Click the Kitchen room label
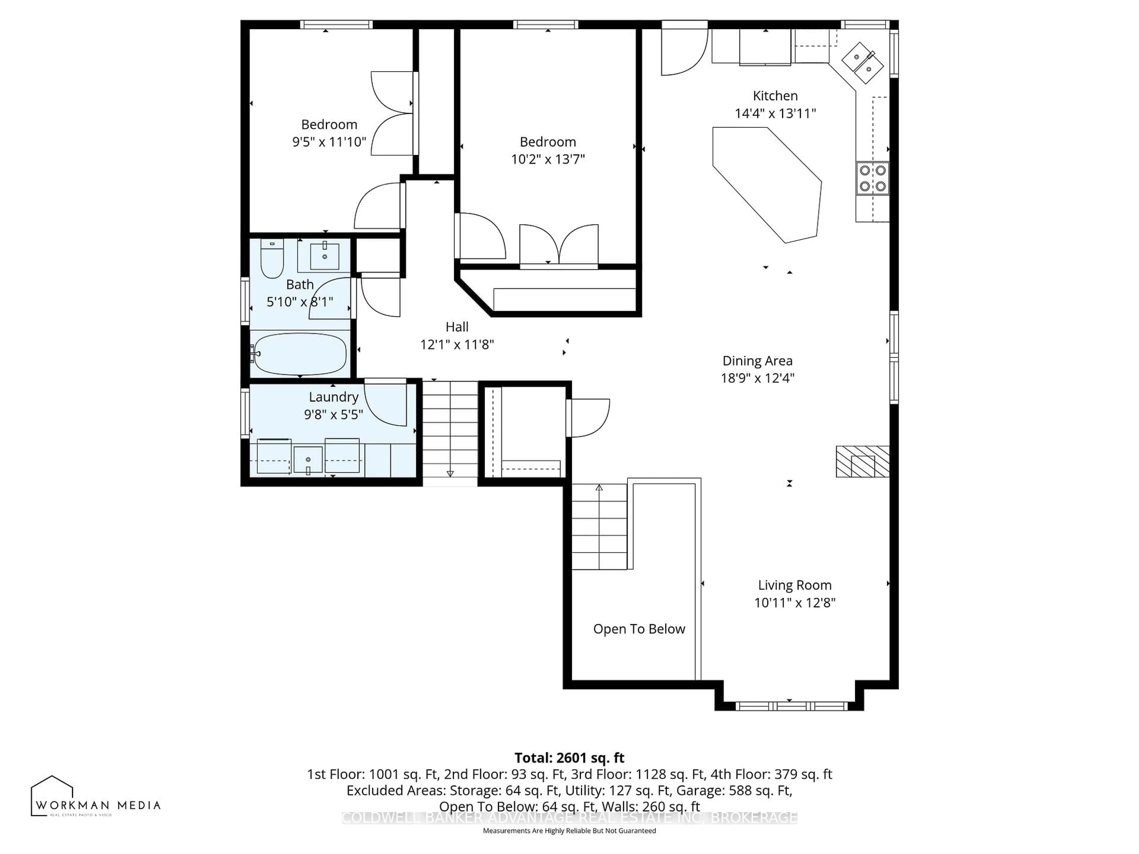[x=775, y=96]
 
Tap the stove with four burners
[x=872, y=178]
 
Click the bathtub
[x=300, y=355]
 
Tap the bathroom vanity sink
[x=324, y=256]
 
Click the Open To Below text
[x=639, y=629]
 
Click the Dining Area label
[x=757, y=361]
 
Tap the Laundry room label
[x=333, y=397]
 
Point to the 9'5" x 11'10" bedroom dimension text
[x=329, y=142]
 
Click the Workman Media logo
[x=95, y=797]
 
